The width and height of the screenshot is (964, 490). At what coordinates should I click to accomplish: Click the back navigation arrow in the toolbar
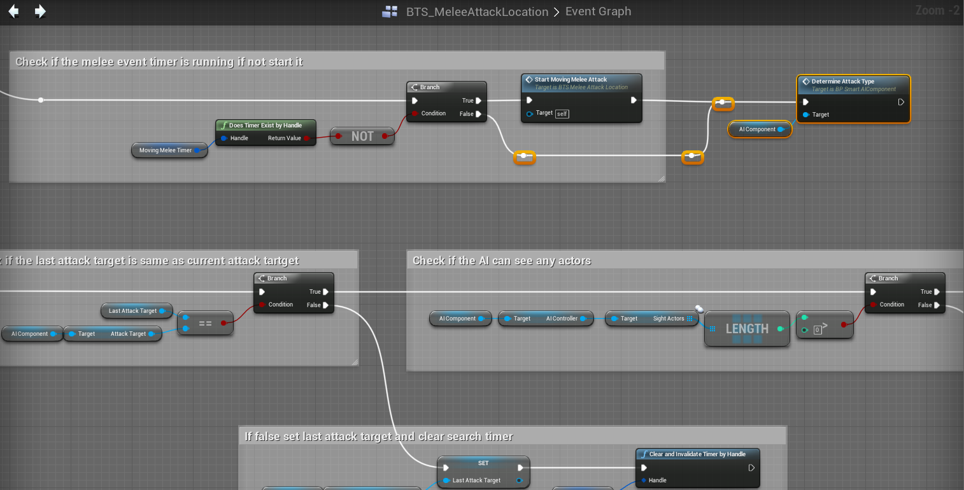[13, 11]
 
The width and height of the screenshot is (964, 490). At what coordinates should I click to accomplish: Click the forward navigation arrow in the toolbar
[40, 11]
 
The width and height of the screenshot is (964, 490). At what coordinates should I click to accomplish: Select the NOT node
[362, 136]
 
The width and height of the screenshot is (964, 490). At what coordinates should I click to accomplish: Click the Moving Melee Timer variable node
[166, 150]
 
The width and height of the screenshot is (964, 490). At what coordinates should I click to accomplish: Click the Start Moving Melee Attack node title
[571, 80]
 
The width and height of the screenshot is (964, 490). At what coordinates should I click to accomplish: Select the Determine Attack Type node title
[842, 82]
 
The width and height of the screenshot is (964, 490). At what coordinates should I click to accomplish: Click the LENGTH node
[747, 329]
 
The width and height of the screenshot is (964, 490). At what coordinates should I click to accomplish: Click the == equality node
[205, 323]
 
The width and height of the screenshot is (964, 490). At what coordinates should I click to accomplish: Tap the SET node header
[483, 463]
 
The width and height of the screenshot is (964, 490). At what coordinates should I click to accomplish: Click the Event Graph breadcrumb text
[598, 11]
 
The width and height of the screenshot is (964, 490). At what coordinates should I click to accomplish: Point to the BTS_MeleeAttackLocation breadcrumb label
[477, 12]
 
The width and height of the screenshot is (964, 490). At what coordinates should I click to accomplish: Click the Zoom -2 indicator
[937, 10]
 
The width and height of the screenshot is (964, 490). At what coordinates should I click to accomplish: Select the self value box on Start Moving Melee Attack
[562, 113]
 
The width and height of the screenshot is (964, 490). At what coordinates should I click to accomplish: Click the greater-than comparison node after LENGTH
[824, 324]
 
